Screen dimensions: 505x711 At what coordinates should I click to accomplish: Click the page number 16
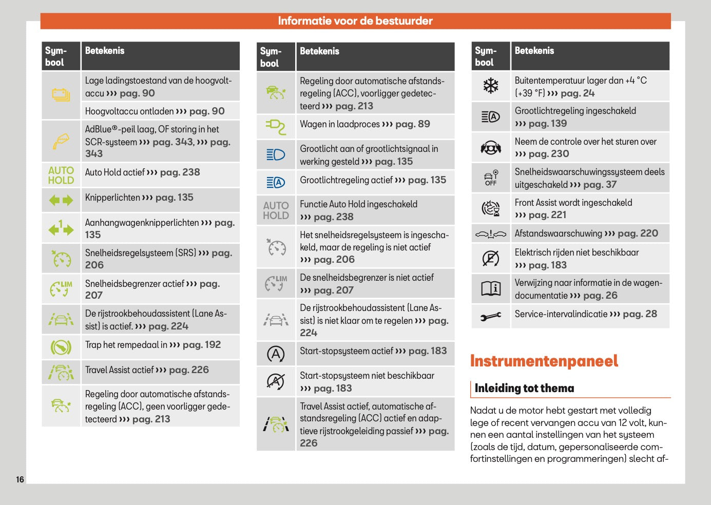(20, 479)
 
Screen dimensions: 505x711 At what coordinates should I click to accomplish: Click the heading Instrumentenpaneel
(544, 361)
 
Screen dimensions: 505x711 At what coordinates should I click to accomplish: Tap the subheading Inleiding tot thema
(524, 389)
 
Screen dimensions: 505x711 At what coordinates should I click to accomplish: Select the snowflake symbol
(491, 86)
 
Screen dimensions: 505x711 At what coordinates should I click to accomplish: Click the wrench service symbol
(491, 317)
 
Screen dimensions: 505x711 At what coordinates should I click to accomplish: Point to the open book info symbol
(491, 288)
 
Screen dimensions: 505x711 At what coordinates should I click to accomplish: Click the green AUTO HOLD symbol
(61, 175)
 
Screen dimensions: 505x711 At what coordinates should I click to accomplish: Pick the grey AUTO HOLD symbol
(276, 210)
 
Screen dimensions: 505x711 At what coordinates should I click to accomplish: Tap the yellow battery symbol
(61, 95)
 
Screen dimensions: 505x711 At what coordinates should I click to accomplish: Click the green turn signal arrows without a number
(61, 200)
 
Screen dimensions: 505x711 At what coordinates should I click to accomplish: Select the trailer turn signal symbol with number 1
(61, 228)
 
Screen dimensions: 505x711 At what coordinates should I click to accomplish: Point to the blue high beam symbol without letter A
(276, 154)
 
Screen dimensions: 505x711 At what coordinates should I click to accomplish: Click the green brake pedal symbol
(61, 347)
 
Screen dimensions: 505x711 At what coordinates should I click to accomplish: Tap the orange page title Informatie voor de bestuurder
(355, 21)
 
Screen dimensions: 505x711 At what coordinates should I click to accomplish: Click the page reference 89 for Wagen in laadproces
(424, 124)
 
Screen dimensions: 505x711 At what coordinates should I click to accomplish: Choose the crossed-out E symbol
(491, 258)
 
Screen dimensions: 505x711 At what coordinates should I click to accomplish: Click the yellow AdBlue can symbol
(61, 141)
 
